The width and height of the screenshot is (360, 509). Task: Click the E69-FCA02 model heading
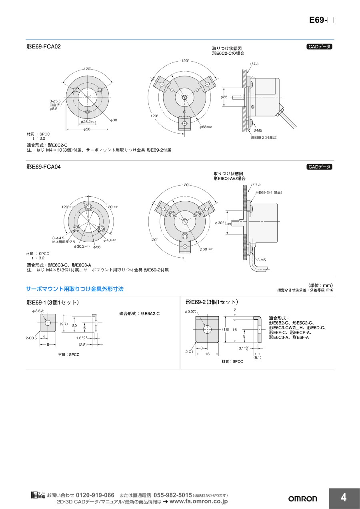44,46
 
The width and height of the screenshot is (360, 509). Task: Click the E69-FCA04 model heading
44,167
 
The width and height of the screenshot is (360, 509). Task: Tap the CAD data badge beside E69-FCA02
319,46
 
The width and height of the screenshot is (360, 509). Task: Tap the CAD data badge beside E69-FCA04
319,167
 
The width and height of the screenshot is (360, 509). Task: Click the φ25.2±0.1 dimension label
88,122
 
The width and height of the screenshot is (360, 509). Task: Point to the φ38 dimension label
114,120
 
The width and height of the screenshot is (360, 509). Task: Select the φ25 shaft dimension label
224,97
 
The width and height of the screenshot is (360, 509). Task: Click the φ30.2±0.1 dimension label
82,246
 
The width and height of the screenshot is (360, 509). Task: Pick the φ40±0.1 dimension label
110,240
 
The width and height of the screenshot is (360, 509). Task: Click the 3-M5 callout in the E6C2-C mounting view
258,130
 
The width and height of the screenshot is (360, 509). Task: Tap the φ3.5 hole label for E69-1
38,311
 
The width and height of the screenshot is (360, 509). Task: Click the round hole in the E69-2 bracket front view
207,329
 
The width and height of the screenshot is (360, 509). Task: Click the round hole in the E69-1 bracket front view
48,323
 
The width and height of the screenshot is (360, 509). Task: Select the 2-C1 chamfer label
189,352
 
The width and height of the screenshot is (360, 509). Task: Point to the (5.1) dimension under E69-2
257,357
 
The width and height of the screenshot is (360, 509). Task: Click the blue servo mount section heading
75,289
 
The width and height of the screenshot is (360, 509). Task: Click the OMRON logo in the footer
302,499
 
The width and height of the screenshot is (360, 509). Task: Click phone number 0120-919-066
95,495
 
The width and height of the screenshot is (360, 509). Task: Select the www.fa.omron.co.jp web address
199,501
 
